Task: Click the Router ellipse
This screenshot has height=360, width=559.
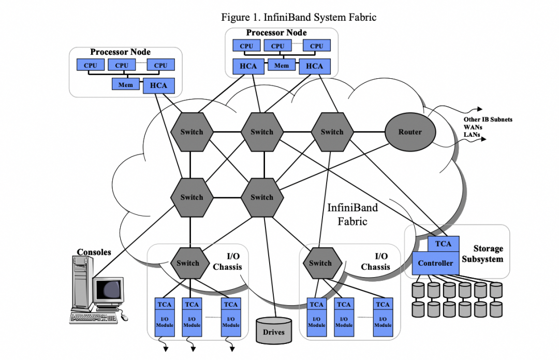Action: coord(410,132)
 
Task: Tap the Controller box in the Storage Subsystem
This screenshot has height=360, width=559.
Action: coord(435,263)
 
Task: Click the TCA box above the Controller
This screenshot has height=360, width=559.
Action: coord(443,243)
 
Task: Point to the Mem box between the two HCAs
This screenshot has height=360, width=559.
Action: coord(281,66)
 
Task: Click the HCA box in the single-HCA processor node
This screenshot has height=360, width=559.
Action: coord(158,85)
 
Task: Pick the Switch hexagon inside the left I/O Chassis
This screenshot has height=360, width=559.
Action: coord(187,263)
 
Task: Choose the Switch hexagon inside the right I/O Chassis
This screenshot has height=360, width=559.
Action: coord(320,263)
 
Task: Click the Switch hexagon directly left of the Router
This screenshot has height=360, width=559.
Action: coord(332,132)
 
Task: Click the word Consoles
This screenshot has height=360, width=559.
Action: coord(94,252)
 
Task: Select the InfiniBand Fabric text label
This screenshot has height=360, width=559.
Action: coord(352,214)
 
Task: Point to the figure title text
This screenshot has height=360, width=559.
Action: coord(299,17)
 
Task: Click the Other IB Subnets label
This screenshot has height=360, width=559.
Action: coord(488,120)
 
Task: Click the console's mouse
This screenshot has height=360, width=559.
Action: coord(124,316)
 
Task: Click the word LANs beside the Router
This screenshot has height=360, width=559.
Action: coord(472,135)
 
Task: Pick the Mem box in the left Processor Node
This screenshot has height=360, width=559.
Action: coord(126,84)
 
